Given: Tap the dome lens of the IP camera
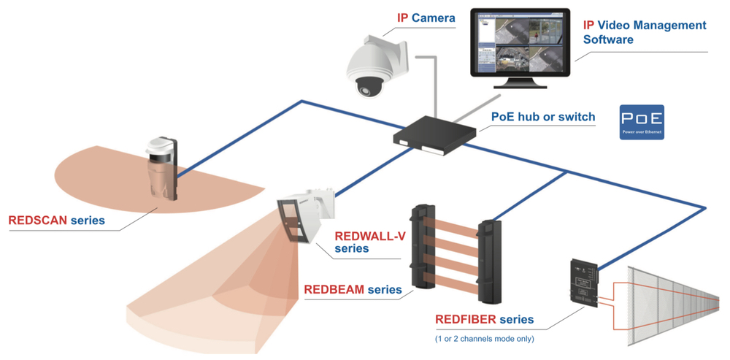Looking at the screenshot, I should pos(368,86).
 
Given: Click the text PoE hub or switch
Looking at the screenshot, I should pos(542,117).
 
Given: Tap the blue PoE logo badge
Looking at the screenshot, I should pos(642,122).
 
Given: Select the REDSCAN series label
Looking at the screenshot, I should pos(56,220).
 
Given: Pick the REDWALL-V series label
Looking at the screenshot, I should pos(369,242).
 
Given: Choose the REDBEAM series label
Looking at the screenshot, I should pos(353,290).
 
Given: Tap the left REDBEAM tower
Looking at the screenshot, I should pos(423,248).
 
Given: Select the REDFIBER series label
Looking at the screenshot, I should pos(484,319).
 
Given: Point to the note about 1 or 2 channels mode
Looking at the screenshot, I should pos(484,338).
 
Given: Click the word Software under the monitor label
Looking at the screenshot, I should pos(608,39).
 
